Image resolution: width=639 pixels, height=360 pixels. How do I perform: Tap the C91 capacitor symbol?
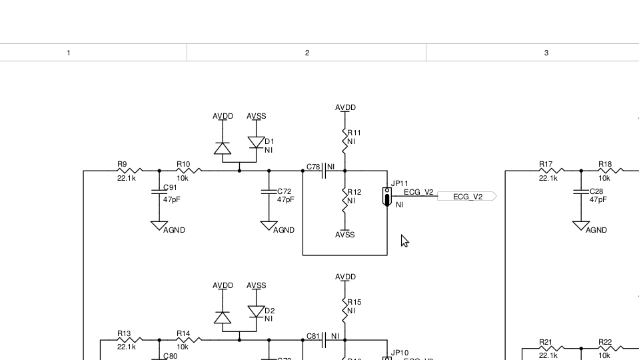click(159, 191)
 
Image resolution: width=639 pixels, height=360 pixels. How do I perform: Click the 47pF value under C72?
click(286, 200)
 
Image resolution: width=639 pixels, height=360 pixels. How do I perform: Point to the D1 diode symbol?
click(257, 143)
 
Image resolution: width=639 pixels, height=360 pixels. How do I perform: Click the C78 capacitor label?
click(313, 167)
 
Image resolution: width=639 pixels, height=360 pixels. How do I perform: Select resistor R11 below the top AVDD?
click(345, 140)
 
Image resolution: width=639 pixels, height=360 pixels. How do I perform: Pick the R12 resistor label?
click(354, 192)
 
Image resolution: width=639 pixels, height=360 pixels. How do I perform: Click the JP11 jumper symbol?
click(386, 197)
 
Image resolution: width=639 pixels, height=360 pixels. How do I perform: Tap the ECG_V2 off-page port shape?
click(467, 197)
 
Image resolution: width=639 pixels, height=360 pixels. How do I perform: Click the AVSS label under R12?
click(345, 235)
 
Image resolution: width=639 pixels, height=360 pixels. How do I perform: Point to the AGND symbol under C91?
click(159, 226)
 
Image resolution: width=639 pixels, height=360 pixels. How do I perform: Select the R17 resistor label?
click(546, 164)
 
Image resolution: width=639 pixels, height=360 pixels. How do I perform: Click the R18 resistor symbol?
click(609, 171)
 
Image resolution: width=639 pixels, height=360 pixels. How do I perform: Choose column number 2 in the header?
click(307, 53)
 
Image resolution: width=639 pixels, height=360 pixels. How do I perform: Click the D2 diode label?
click(269, 311)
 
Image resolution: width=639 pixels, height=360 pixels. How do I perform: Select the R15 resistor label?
click(354, 303)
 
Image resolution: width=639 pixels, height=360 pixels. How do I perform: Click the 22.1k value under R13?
click(126, 347)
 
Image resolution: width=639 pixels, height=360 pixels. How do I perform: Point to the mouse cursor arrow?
click(404, 241)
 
